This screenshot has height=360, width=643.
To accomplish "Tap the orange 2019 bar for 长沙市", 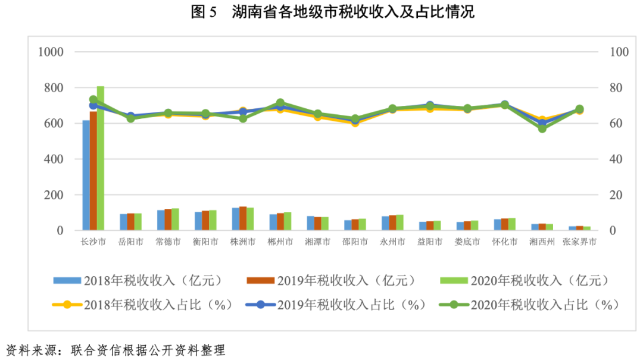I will pyautogui.click(x=93, y=173).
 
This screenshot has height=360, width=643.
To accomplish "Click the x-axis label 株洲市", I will pyautogui.click(x=243, y=242).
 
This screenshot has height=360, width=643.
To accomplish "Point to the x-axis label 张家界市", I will pyautogui.click(x=579, y=242).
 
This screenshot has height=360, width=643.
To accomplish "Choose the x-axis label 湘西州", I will pyautogui.click(x=542, y=242).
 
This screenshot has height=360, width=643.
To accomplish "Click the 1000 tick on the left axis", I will pyautogui.click(x=51, y=52).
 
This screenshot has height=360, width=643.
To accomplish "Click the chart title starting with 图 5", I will pyautogui.click(x=321, y=12).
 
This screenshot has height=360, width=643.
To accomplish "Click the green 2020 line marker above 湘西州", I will pyautogui.click(x=542, y=128).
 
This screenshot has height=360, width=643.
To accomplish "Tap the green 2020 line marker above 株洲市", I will pyautogui.click(x=243, y=118).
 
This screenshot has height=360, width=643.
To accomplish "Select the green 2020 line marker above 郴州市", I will pyautogui.click(x=280, y=103).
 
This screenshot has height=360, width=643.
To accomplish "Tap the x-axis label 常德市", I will pyautogui.click(x=168, y=242).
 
